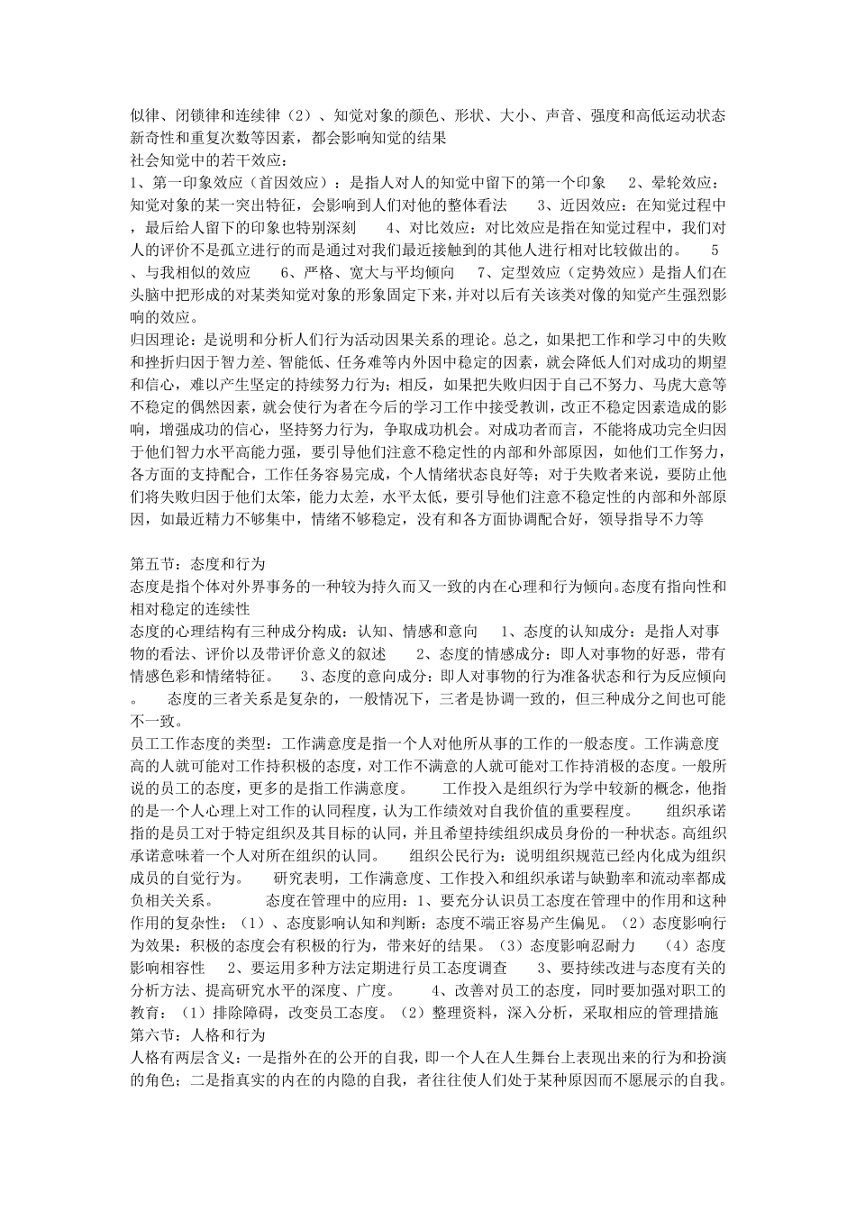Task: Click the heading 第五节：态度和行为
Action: [197, 564]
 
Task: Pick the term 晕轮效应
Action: [688, 183]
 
